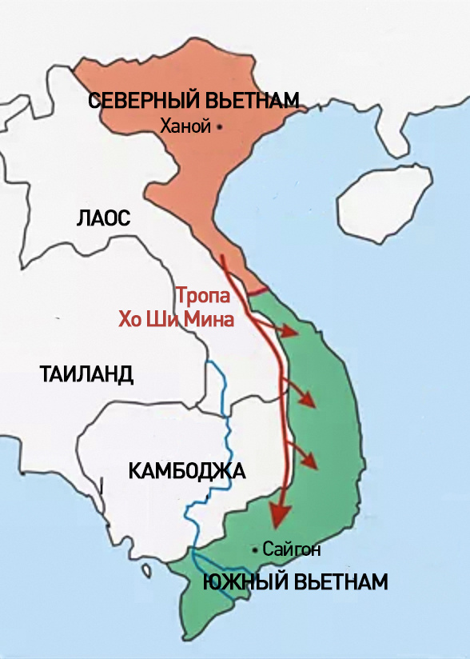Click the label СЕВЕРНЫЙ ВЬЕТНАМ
pyautogui.click(x=193, y=101)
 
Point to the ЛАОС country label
pyautogui.click(x=103, y=218)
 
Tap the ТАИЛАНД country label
pyautogui.click(x=86, y=373)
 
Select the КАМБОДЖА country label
pyautogui.click(x=187, y=470)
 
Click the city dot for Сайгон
pyautogui.click(x=254, y=549)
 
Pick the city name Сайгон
pyautogui.click(x=291, y=549)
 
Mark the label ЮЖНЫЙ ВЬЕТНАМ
pyautogui.click(x=295, y=581)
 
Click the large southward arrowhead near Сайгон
pyautogui.click(x=277, y=516)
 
